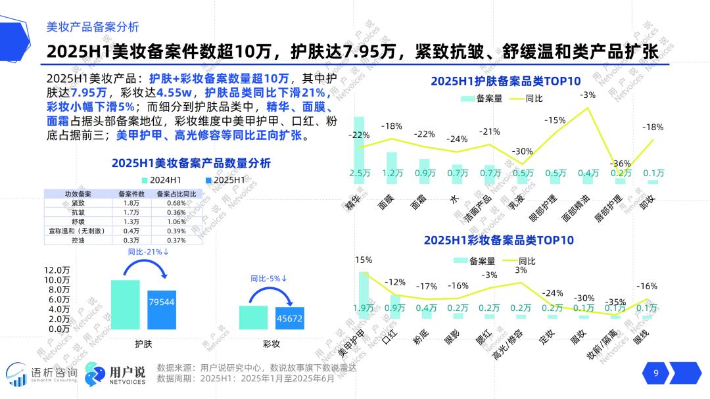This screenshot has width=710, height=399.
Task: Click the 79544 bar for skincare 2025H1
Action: point(162,309)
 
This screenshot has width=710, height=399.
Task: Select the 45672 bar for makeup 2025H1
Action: point(290,318)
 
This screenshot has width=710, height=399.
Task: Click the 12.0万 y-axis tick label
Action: point(57,270)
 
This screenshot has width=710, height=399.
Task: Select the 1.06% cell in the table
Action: point(176,222)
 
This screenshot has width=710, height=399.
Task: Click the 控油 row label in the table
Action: point(74,240)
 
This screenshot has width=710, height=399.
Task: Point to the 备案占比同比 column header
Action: point(176,194)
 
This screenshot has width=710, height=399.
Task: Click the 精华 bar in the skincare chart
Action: point(359,151)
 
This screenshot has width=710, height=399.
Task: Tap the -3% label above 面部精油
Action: point(588,95)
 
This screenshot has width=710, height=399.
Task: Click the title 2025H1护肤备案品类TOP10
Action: point(506,82)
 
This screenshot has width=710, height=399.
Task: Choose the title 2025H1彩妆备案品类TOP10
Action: point(498,241)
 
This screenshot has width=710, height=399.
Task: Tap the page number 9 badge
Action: point(655,374)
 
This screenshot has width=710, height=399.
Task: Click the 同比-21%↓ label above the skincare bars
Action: point(148,252)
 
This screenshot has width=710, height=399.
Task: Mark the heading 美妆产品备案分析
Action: point(93,27)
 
